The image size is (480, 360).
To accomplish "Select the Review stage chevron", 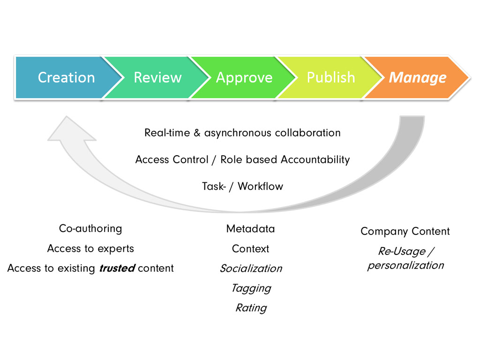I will pos(157,77).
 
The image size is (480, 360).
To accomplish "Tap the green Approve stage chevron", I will pos(244,77).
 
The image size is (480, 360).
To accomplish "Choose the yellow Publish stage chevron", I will pos(330,77).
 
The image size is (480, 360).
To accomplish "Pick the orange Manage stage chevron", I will pos(417,77).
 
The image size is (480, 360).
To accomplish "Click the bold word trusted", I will pos(117,269).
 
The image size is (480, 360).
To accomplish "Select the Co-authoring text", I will pos(90,229).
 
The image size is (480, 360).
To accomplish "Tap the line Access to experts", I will pos(90,248).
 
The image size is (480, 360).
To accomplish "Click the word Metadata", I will pos(250,229).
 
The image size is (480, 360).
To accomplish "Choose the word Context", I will pos(250,248).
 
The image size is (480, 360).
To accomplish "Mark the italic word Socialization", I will pos(251,269).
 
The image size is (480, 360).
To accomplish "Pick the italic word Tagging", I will pos(251,288).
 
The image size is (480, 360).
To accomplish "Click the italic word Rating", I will pos(251,308).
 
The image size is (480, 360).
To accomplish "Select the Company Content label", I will pos(405,231).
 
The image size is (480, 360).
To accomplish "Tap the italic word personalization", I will pos(405,265).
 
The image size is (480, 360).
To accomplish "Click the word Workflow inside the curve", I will pos(261,186).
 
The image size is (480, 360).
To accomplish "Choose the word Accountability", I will pos(315,159).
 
